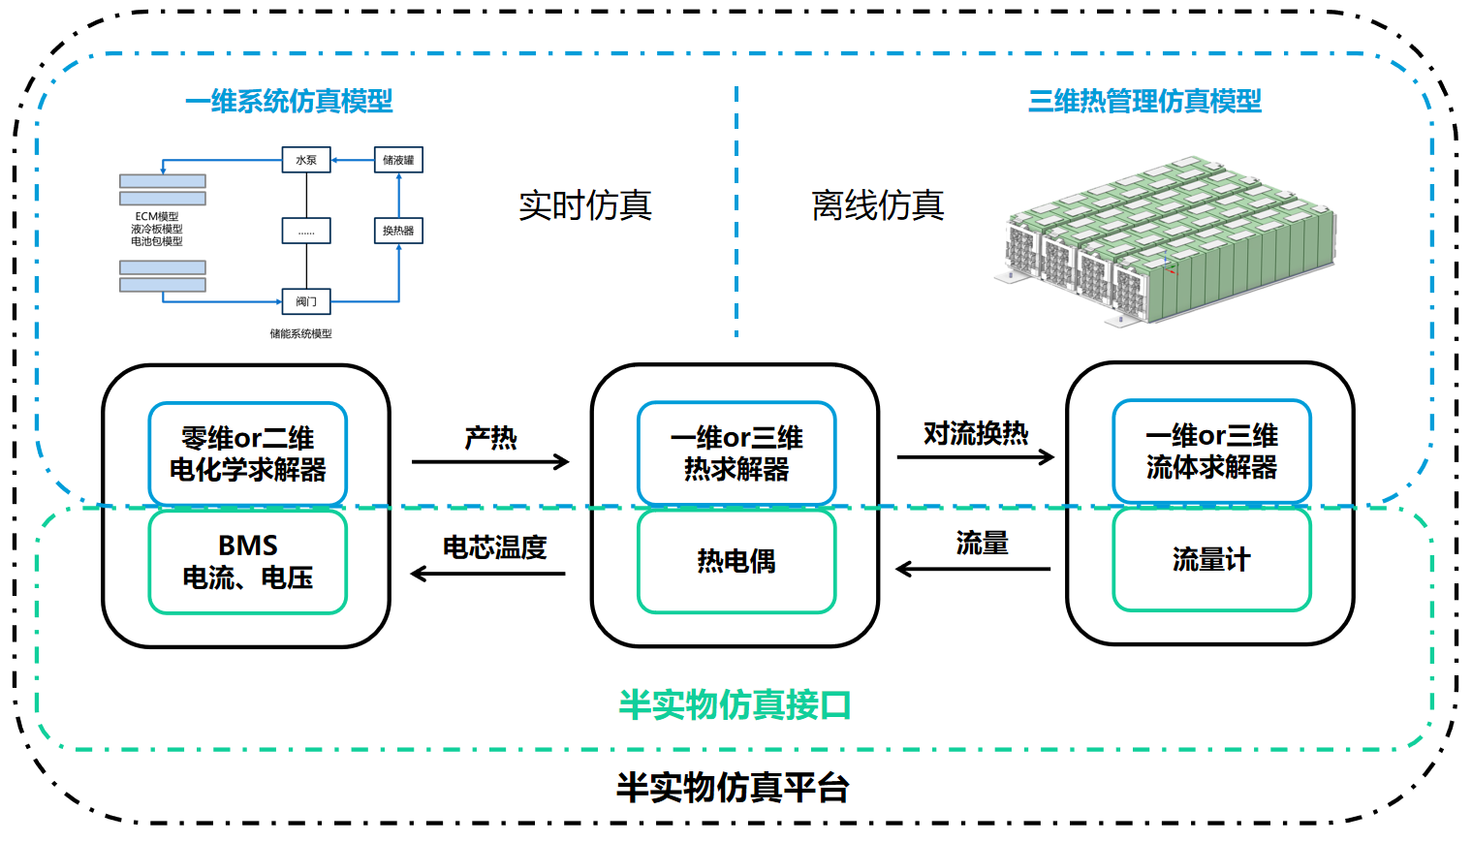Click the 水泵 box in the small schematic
[306, 160]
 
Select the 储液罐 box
[398, 160]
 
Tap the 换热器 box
[398, 231]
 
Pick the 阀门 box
[306, 301]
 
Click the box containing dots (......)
[306, 231]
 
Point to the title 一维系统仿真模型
[289, 101]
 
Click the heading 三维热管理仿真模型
[1144, 101]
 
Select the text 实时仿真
[585, 205]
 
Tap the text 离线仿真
[878, 205]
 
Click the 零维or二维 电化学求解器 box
[248, 453]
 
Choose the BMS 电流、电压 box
[248, 562]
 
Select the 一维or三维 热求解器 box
[736, 453]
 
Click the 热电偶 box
[736, 561]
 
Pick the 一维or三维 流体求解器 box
[1211, 452]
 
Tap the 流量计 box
[1211, 559]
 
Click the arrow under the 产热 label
[490, 462]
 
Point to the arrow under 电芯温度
[488, 574]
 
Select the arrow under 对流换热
[975, 456]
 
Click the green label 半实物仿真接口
[735, 704]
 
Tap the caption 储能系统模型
[300, 333]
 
